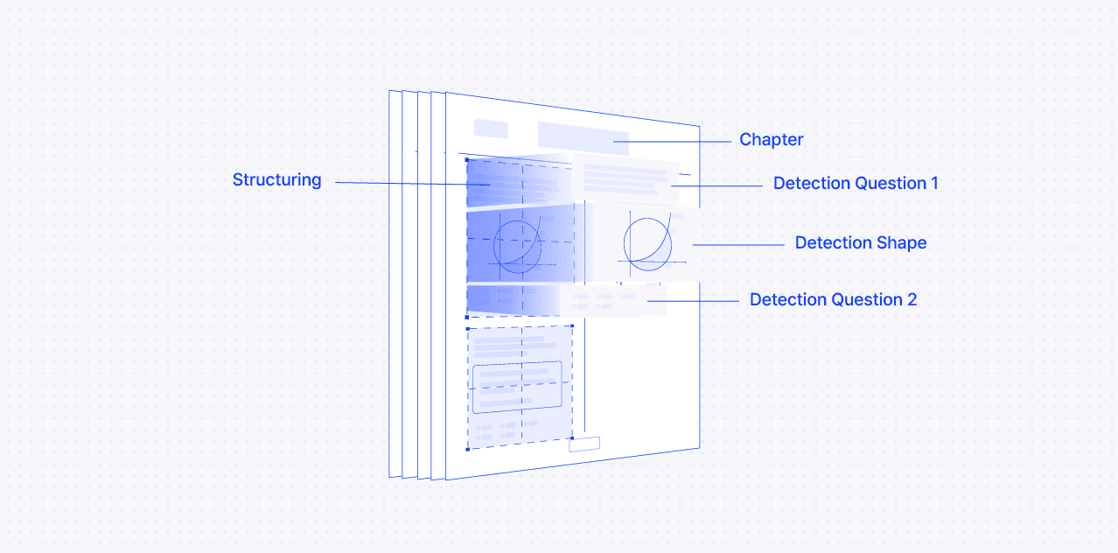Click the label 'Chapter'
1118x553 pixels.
coord(771,140)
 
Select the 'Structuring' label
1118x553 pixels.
coord(276,180)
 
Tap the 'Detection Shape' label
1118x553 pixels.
coord(860,243)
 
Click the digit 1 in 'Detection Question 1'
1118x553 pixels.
coord(933,184)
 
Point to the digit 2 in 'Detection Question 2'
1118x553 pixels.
coord(912,300)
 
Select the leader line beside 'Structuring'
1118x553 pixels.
coord(402,183)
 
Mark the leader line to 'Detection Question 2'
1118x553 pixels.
coord(700,300)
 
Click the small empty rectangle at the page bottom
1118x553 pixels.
coord(584,444)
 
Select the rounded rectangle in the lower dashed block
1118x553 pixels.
coord(516,387)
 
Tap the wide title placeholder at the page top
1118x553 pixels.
coord(583,138)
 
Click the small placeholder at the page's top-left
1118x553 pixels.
coord(491,129)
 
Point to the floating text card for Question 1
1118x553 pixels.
coord(626,180)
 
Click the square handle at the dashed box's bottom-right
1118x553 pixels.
coord(572,437)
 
